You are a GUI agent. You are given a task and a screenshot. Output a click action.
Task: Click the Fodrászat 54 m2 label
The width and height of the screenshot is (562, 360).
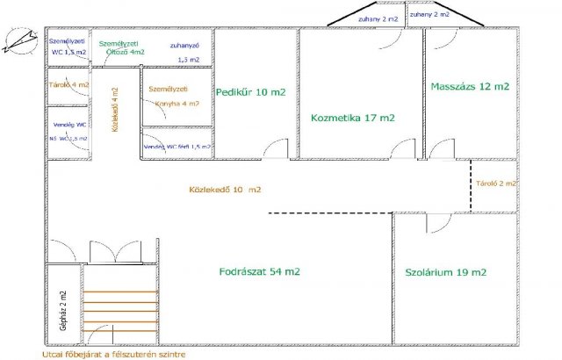259,272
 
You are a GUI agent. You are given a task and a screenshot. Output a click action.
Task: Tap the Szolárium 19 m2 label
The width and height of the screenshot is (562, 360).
445,273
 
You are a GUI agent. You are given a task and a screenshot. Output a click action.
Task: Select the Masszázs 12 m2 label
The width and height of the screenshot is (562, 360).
470,87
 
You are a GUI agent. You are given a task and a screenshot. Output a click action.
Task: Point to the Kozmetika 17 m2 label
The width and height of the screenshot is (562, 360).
352,117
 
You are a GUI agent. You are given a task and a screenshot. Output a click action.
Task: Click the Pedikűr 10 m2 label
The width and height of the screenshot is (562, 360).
250,91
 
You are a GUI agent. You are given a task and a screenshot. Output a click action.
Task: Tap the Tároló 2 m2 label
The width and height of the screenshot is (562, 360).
495,184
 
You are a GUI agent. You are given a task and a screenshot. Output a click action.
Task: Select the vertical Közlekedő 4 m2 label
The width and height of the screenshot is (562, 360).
114,109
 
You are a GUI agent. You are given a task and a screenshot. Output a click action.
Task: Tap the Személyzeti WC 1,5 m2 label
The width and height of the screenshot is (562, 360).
68,47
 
